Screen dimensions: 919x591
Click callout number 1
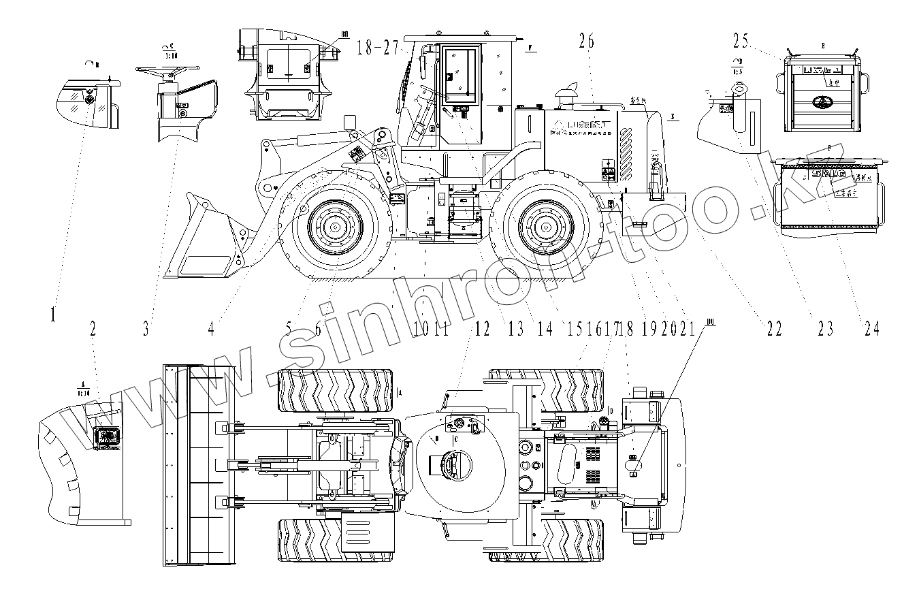[52, 315]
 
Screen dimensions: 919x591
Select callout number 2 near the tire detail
[93, 329]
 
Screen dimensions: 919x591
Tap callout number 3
[145, 329]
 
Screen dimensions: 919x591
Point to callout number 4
[211, 329]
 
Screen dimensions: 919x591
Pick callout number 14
[545, 329]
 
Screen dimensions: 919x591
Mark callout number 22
[773, 329]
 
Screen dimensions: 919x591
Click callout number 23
[825, 329]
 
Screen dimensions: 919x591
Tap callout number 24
[871, 329]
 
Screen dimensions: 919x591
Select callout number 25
[741, 42]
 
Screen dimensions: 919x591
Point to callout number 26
[586, 42]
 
